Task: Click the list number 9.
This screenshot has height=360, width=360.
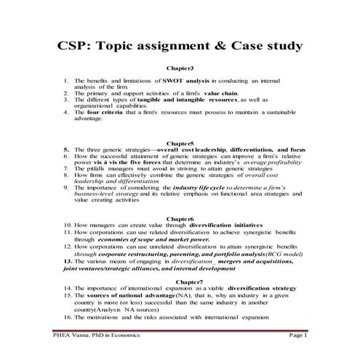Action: [x=65, y=186]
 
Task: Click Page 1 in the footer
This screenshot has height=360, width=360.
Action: [x=298, y=336]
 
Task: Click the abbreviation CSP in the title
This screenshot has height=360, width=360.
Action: [x=76, y=47]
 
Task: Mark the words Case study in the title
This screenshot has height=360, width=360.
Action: [x=266, y=47]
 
